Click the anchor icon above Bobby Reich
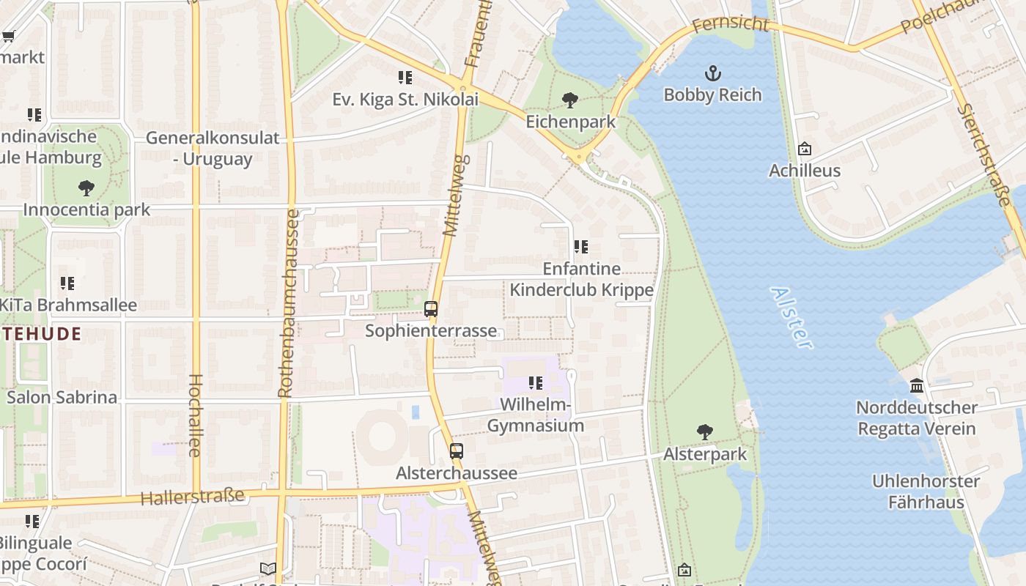(x=712, y=73)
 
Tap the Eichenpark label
(x=570, y=122)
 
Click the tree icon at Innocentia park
(x=86, y=188)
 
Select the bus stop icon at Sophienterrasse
(x=431, y=309)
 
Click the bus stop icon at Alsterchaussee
(x=457, y=451)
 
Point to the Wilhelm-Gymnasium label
(x=536, y=415)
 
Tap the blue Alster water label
(x=791, y=317)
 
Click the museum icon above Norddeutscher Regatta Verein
(x=917, y=385)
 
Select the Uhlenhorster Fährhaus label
(x=926, y=492)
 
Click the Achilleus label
(x=804, y=171)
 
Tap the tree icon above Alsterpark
(x=705, y=432)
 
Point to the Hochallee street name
(x=195, y=415)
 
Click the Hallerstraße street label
(x=192, y=497)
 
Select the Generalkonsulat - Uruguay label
(x=213, y=148)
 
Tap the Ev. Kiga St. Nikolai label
(x=405, y=100)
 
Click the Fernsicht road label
(x=730, y=24)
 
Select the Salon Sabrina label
(x=62, y=398)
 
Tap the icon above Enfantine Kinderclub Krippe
(x=580, y=247)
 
